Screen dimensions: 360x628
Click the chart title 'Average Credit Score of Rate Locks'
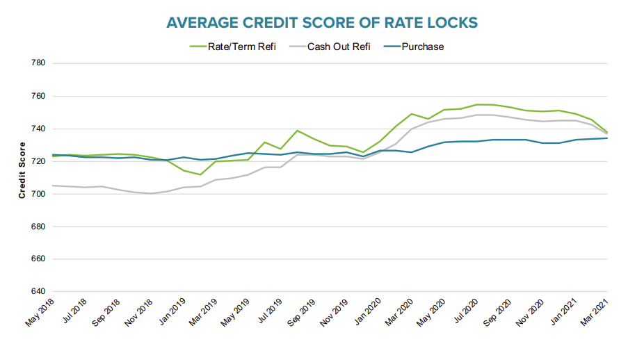(322, 22)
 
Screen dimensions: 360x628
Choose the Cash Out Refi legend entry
(336, 47)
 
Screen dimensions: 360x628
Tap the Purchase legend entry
(421, 47)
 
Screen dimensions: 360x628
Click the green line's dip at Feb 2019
(200, 174)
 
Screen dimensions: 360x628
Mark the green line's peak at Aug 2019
(298, 131)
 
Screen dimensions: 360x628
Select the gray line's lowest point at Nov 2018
(150, 193)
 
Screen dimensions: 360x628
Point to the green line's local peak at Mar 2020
(412, 114)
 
